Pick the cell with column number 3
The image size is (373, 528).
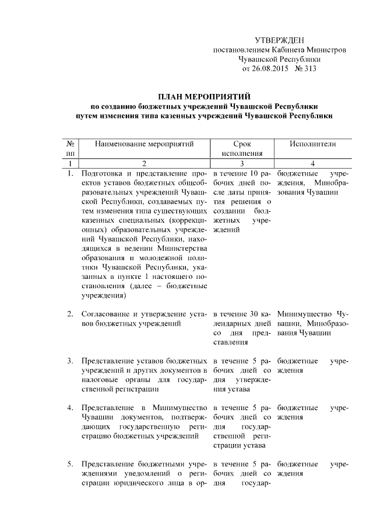click(x=241, y=163)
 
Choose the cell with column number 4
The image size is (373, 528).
click(x=313, y=163)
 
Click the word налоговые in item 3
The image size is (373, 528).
click(x=98, y=380)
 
